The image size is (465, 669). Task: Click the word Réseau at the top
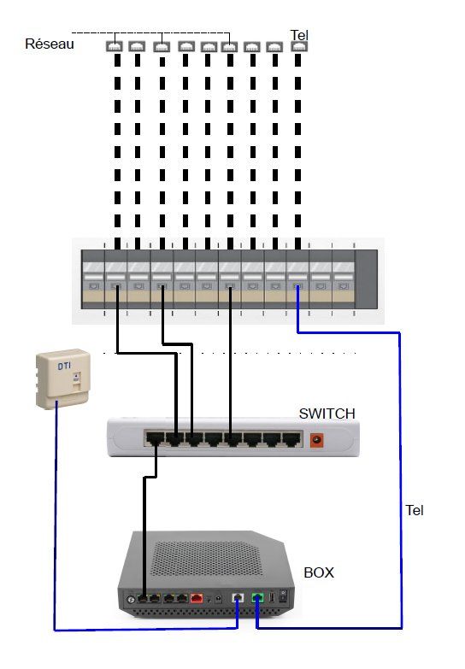pyautogui.click(x=50, y=44)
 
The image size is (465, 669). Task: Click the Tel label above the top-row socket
pyautogui.click(x=299, y=35)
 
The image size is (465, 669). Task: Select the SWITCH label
pyautogui.click(x=327, y=414)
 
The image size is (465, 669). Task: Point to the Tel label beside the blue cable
pyautogui.click(x=414, y=510)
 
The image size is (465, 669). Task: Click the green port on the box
pyautogui.click(x=256, y=599)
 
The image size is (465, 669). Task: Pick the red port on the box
pyautogui.click(x=197, y=599)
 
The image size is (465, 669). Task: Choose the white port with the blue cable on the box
pyautogui.click(x=238, y=599)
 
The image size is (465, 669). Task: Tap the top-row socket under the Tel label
pyautogui.click(x=298, y=48)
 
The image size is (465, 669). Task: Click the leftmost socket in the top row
pyautogui.click(x=115, y=48)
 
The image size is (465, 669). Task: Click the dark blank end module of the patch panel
pyautogui.click(x=366, y=280)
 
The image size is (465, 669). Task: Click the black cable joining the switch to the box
pyautogui.click(x=145, y=530)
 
